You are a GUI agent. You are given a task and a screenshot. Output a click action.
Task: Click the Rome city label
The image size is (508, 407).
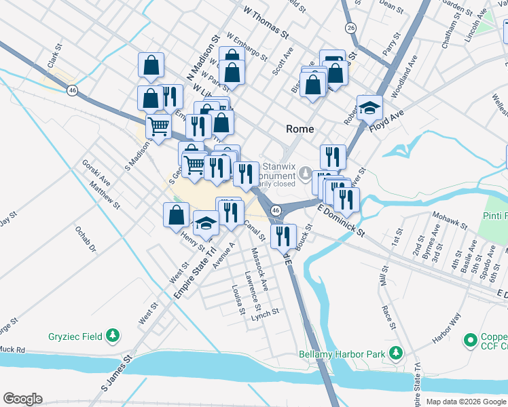(x=300, y=129)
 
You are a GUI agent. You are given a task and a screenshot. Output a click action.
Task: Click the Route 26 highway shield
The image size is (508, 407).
(x=350, y=28)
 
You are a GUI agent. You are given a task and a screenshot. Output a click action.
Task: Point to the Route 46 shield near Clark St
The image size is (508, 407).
(x=71, y=90)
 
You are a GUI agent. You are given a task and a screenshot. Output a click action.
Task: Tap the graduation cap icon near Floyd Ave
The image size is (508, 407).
(x=369, y=107)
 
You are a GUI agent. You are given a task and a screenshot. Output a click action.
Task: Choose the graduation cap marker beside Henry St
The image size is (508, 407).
(x=205, y=222)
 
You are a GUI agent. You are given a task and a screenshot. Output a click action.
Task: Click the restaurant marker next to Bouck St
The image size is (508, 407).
(x=283, y=235)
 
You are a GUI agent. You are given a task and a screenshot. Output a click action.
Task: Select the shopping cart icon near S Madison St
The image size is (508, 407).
(x=158, y=125)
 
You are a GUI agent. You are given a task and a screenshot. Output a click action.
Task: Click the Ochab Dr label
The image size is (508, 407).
(x=86, y=238)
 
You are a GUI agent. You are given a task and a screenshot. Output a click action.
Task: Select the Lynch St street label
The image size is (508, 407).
(x=265, y=313)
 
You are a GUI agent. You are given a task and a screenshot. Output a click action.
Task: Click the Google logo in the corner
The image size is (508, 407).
(x=23, y=398)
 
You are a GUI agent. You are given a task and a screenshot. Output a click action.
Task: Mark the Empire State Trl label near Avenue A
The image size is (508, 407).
(x=189, y=272)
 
